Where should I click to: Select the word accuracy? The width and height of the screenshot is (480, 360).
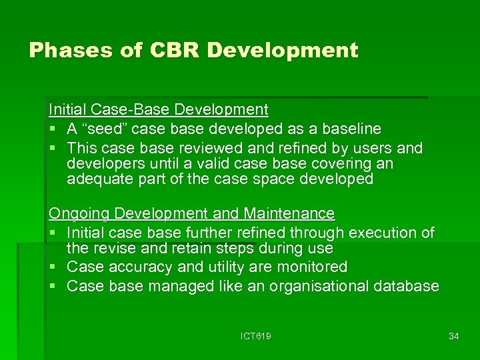(x=135, y=267)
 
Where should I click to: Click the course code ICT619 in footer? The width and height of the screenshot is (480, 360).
(x=255, y=337)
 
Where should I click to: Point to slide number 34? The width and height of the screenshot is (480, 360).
(x=453, y=337)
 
